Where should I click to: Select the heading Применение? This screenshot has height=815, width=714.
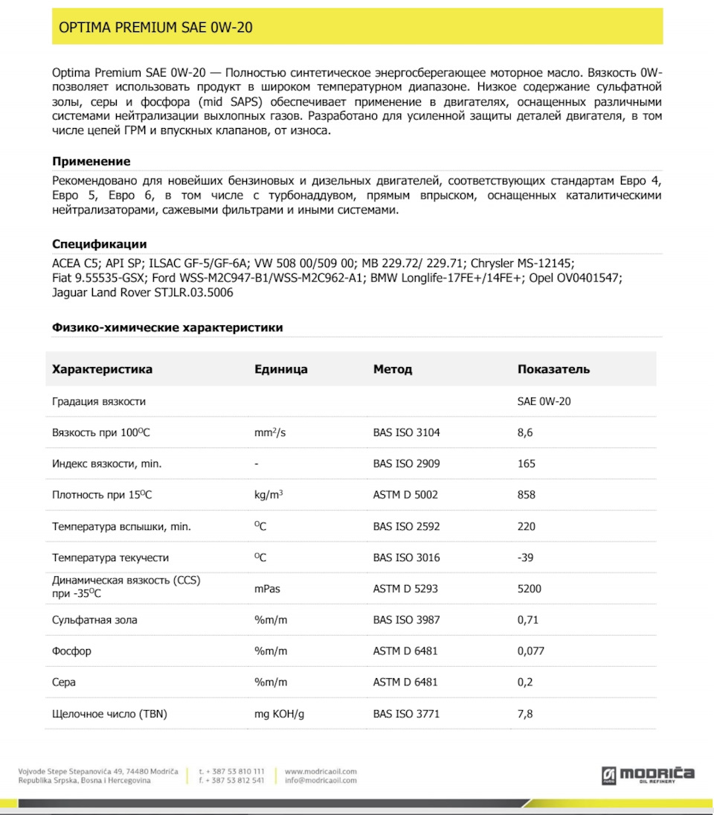(91, 162)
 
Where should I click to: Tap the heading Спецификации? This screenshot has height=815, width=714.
(99, 244)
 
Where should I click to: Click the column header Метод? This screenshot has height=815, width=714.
(393, 369)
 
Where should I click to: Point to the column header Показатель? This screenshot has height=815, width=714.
(553, 369)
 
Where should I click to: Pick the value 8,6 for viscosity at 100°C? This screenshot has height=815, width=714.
(525, 432)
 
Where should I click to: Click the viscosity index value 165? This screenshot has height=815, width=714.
(527, 464)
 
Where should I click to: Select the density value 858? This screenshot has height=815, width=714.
(527, 495)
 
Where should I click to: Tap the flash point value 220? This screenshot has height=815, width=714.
(527, 526)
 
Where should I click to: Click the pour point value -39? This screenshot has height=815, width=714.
(526, 557)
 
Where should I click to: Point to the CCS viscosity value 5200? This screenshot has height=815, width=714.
(530, 589)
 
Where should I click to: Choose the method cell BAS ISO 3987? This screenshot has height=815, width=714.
(406, 619)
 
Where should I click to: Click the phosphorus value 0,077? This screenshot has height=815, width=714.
(531, 651)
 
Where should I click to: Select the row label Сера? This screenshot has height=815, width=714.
(64, 682)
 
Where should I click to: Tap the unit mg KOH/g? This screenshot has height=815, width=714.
(280, 714)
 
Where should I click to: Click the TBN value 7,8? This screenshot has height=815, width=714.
(525, 714)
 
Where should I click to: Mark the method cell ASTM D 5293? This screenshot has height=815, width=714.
(405, 589)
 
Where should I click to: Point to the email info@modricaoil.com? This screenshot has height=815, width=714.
(321, 780)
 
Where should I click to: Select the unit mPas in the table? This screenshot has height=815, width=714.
(268, 589)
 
